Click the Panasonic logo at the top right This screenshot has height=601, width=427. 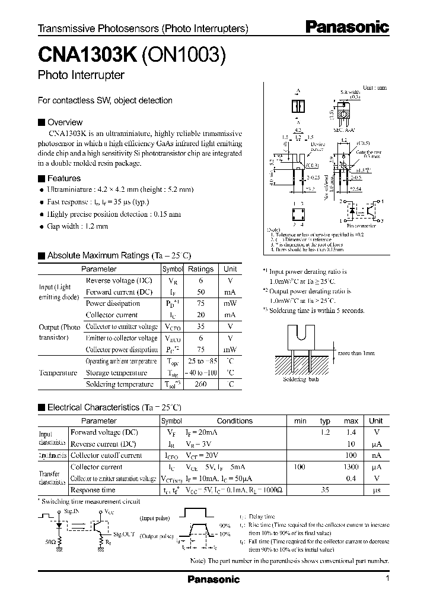coord(347,27)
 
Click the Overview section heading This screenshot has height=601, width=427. coord(65,122)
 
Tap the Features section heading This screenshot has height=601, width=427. coord(63,178)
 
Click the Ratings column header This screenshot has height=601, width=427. coord(200,269)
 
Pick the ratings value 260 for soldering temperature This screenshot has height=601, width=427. coord(200,384)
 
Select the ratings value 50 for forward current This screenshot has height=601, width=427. coord(200,292)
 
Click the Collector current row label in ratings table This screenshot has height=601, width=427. coord(111,315)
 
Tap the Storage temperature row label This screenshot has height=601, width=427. coord(116,373)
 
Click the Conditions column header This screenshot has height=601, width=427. coord(234,421)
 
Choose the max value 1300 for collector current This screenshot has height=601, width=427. coord(350,467)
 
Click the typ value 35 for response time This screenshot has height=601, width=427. coord(325,491)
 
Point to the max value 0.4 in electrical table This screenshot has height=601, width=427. coord(351,479)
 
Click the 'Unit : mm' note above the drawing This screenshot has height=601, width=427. coord(374,87)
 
